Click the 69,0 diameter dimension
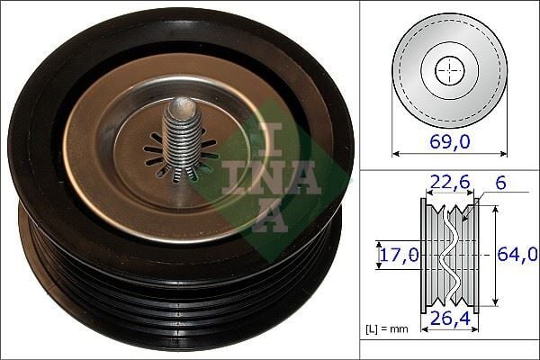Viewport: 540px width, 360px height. (448, 141)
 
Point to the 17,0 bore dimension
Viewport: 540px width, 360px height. (398, 256)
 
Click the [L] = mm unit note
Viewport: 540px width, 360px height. (387, 328)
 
